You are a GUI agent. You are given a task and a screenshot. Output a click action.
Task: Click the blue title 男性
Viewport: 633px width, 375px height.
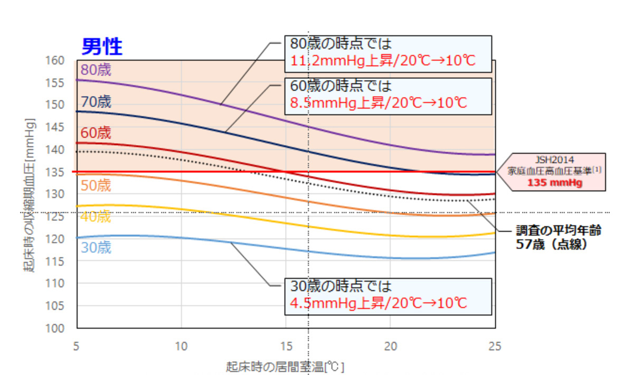(102, 48)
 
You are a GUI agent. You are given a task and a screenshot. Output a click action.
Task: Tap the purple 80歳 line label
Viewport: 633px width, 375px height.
(96, 70)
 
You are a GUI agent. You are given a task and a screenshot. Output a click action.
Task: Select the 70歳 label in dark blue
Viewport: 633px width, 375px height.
(96, 101)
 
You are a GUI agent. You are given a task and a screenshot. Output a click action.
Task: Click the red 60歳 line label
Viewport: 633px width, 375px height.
(96, 132)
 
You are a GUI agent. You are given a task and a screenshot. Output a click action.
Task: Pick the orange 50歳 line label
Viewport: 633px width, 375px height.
(96, 185)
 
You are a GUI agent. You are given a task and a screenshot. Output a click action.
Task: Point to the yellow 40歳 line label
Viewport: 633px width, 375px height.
(96, 217)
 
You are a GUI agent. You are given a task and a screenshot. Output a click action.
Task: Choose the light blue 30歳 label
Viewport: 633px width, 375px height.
(96, 248)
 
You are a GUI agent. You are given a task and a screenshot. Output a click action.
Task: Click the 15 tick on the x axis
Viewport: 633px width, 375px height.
(286, 346)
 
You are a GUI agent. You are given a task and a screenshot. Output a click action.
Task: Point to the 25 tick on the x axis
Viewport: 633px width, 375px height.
(495, 346)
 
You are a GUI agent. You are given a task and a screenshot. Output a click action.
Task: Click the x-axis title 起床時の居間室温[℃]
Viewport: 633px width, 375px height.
(285, 366)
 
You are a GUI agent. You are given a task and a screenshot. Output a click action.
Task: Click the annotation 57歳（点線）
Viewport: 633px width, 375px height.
(552, 245)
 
